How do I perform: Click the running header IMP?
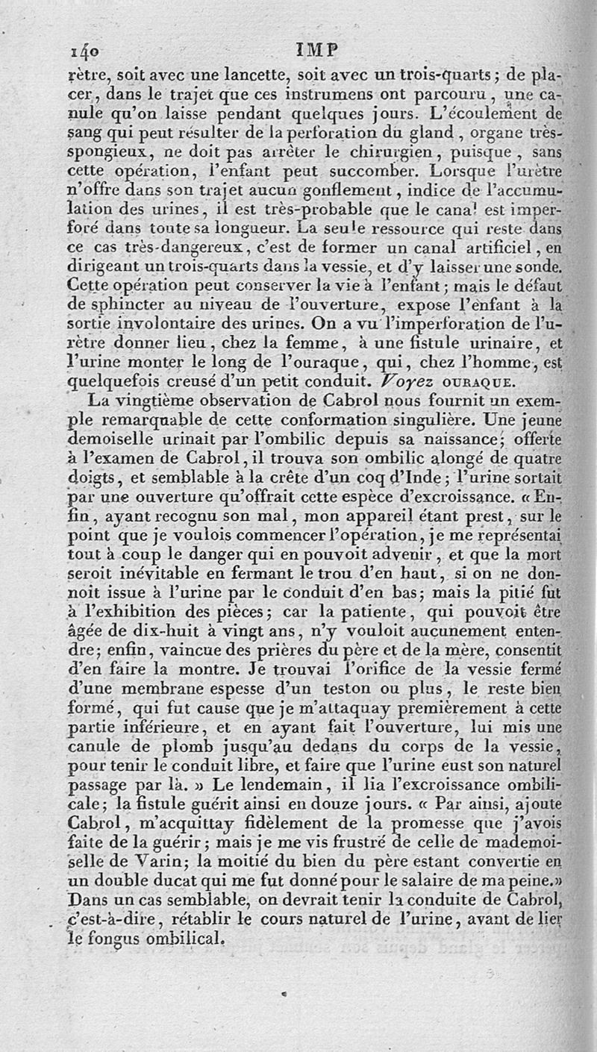click(x=316, y=50)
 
